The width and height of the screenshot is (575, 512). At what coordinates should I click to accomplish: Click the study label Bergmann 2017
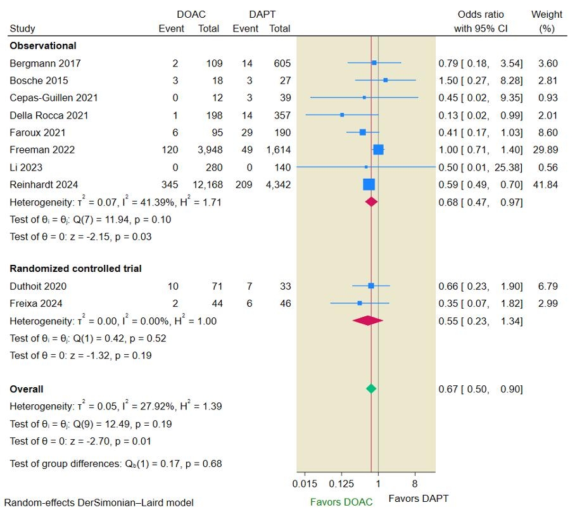point(45,63)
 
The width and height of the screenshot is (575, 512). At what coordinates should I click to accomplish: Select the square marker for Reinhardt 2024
point(369,184)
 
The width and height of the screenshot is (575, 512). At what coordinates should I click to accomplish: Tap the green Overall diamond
point(371,388)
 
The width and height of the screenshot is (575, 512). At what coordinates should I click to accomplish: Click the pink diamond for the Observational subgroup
point(371,202)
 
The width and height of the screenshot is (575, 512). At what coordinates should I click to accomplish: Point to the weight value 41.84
point(546,184)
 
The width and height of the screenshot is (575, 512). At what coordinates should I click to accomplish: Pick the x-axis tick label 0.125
point(341,484)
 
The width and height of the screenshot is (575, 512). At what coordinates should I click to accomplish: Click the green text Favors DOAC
point(341,502)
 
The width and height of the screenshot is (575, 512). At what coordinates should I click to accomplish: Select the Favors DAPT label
point(418,498)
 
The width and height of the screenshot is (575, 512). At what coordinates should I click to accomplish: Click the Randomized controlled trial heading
point(75,269)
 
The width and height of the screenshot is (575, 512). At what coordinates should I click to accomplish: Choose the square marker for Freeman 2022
point(378,150)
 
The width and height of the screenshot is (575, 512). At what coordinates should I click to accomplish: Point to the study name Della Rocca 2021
point(49,115)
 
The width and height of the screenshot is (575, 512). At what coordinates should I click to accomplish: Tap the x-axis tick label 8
point(415,484)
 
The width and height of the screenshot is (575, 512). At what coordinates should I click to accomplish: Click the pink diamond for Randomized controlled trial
point(368,321)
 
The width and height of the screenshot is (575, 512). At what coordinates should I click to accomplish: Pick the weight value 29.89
point(546,150)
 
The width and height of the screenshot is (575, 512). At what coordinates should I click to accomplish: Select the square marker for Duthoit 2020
point(371,286)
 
